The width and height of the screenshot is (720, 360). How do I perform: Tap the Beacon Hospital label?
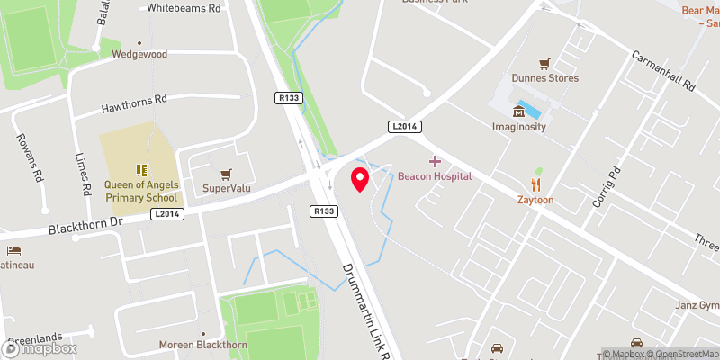click(x=435, y=176)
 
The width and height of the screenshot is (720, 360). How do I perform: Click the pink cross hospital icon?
click(x=435, y=161)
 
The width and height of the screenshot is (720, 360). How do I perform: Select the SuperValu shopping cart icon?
click(x=225, y=173)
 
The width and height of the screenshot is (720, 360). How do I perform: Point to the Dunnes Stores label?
click(x=544, y=78)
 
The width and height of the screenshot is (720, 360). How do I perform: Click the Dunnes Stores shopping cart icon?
click(x=544, y=64)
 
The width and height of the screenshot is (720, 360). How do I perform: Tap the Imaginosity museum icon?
click(x=519, y=112)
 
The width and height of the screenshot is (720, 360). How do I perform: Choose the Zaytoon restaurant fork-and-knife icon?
click(x=535, y=185)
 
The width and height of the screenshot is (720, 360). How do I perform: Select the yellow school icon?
click(x=139, y=169)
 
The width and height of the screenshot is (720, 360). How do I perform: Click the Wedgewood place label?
click(x=139, y=54)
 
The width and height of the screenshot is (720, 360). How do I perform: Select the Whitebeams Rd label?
click(x=184, y=7)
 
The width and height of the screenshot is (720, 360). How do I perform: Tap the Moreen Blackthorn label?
click(x=203, y=345)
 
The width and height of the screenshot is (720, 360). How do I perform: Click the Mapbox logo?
click(x=39, y=349)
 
